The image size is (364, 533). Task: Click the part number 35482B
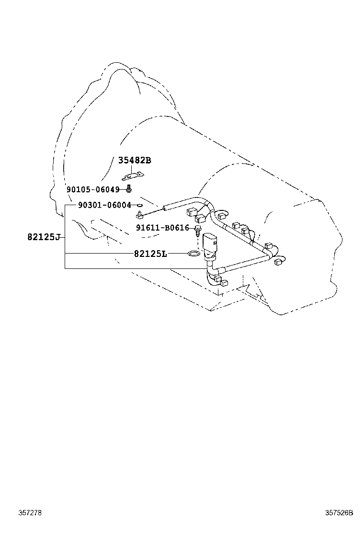(x=134, y=161)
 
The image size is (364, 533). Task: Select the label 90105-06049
(x=92, y=189)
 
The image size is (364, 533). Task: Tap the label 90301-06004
(x=104, y=205)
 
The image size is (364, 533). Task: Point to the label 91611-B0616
(x=162, y=228)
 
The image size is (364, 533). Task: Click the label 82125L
(x=150, y=253)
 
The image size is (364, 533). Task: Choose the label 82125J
(x=44, y=237)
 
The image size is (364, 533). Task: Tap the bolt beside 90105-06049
(x=129, y=189)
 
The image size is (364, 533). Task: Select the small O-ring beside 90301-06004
(x=139, y=205)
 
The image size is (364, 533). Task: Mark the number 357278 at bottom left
(x=30, y=513)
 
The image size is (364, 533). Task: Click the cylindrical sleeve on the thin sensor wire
(x=171, y=208)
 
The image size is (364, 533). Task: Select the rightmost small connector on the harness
(x=281, y=262)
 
